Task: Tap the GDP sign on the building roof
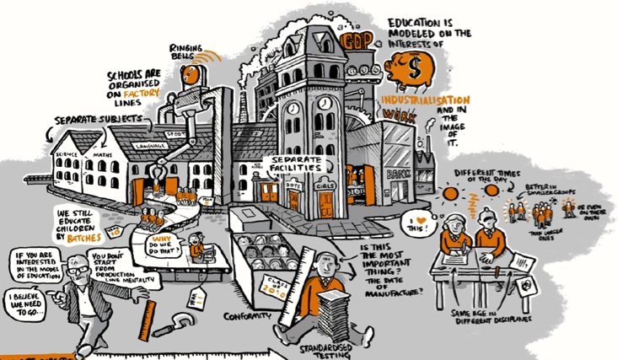(x=348, y=39)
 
